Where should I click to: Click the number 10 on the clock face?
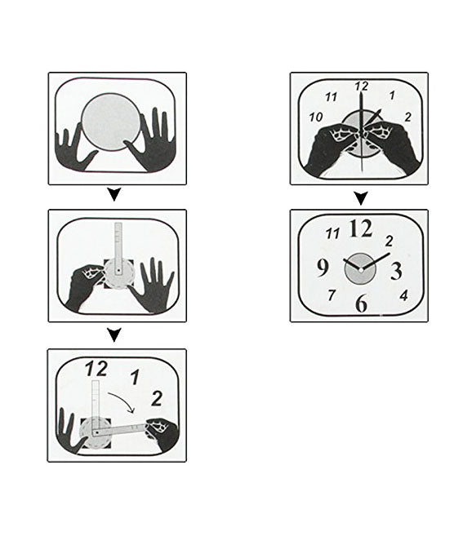(x=316, y=117)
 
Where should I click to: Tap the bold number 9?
(x=323, y=268)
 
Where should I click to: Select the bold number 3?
(x=396, y=271)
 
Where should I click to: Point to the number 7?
(x=332, y=295)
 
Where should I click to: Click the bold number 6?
(x=362, y=303)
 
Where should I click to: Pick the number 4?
(x=403, y=296)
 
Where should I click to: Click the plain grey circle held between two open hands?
(x=111, y=122)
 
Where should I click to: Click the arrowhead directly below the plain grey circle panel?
(x=114, y=195)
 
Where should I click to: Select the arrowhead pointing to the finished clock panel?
(x=361, y=198)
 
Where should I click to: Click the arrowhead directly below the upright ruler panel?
(x=114, y=335)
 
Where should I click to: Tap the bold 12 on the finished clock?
(x=361, y=228)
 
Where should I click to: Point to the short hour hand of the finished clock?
(x=352, y=264)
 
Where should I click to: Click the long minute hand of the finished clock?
(x=376, y=261)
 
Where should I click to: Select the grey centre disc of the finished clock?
(x=360, y=268)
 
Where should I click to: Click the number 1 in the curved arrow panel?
(x=135, y=377)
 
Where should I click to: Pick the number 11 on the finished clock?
(x=332, y=233)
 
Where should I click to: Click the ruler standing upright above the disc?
(x=118, y=249)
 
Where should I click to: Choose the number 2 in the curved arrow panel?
(x=157, y=399)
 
